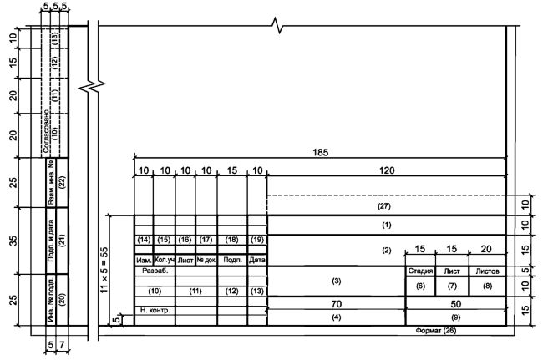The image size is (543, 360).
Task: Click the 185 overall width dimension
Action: pyautogui.click(x=320, y=152)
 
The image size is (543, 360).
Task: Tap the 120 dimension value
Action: pyautogui.click(x=387, y=170)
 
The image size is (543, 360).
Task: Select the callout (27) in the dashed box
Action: pyautogui.click(x=384, y=206)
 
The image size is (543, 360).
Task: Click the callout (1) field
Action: pyautogui.click(x=387, y=225)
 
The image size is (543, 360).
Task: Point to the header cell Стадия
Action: pyautogui.click(x=420, y=271)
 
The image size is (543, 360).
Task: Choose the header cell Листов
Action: pyautogui.click(x=487, y=271)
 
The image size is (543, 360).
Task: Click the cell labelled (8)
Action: pyautogui.click(x=487, y=286)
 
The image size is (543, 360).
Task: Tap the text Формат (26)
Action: pyautogui.click(x=436, y=331)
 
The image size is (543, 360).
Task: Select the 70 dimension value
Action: pyautogui.click(x=337, y=304)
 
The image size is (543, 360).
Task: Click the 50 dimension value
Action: pyautogui.click(x=456, y=304)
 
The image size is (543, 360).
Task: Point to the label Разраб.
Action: pyautogui.click(x=155, y=271)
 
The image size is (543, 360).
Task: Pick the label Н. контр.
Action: pyautogui.click(x=155, y=311)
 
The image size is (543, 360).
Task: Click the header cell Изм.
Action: pyautogui.click(x=144, y=261)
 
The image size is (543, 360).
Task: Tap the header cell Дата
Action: pyautogui.click(x=257, y=260)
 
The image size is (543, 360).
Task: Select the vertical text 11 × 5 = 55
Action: pyautogui.click(x=104, y=270)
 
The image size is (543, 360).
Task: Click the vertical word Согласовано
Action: pyautogui.click(x=46, y=131)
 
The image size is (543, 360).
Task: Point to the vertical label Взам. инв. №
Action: pyautogui.click(x=51, y=182)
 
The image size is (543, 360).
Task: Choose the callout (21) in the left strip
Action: pyautogui.click(x=63, y=241)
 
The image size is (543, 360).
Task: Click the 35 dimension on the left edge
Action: pyautogui.click(x=13, y=241)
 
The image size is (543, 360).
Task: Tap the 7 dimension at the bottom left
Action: pyautogui.click(x=62, y=345)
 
